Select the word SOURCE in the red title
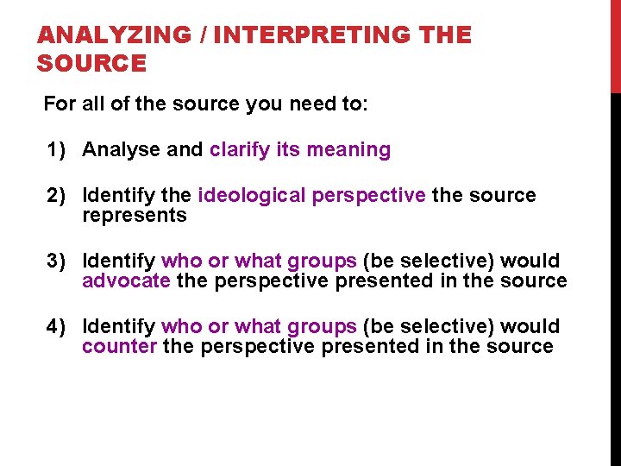[92, 63]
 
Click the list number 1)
[58, 150]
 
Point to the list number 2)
[58, 196]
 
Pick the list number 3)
[58, 261]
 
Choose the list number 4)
[58, 326]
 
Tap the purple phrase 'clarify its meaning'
[300, 150]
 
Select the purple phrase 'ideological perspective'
[311, 196]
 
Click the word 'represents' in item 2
[134, 216]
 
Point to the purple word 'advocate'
[126, 281]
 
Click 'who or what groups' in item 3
[259, 261]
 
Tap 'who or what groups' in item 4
[259, 326]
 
